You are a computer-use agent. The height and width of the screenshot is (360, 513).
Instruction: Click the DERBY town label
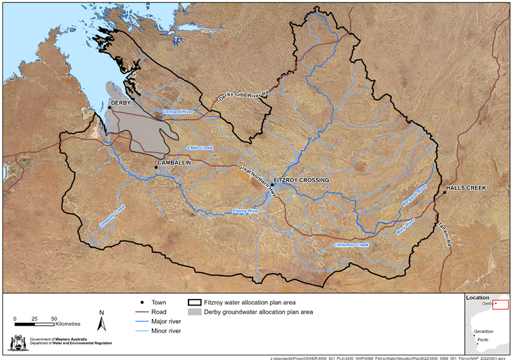coord(121,102)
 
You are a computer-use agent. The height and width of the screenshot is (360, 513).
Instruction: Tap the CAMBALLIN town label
coord(173,163)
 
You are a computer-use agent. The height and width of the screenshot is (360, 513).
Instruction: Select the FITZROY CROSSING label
coord(302,180)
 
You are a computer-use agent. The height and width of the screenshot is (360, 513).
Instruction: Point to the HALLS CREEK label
coord(466,189)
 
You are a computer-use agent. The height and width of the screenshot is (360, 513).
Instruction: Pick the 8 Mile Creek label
coord(199,147)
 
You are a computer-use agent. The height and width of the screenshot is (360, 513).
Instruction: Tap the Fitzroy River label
coord(246,211)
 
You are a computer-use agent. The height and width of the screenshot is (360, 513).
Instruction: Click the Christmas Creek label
coord(351,244)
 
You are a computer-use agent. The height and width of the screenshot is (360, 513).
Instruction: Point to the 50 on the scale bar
coord(54,318)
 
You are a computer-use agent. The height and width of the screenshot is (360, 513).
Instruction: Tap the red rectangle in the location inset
coord(501,305)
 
